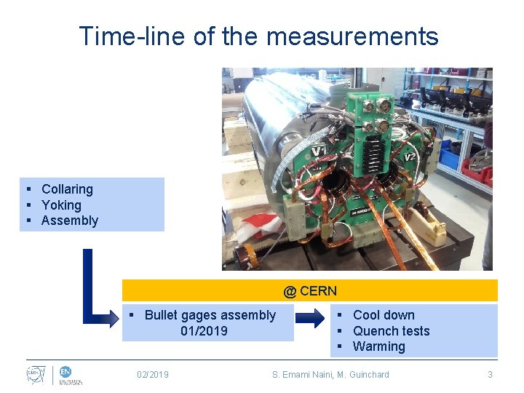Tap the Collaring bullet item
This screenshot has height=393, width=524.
[67, 189]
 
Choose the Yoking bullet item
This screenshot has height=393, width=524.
[61, 205]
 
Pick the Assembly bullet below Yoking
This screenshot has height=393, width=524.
[69, 221]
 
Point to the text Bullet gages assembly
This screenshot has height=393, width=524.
[210, 315]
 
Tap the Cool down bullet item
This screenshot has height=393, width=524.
[383, 315]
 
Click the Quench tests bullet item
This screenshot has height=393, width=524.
[391, 331]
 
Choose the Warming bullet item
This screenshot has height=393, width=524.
[378, 346]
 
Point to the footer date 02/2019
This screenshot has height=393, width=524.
[153, 375]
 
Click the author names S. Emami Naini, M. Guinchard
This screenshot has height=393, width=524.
[330, 375]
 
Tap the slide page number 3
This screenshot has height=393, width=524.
[490, 375]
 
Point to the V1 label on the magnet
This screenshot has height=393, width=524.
[319, 151]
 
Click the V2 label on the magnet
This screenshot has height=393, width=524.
[410, 156]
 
